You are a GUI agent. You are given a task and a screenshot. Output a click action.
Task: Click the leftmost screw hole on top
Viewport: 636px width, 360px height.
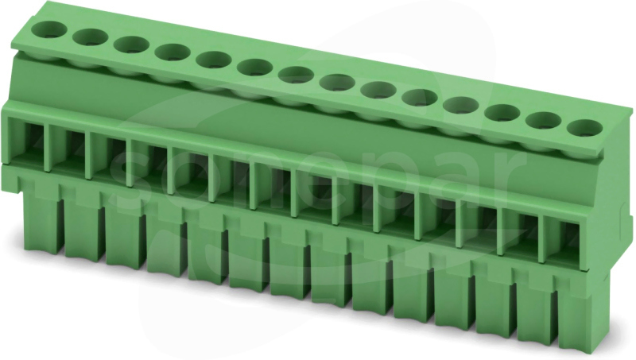tap(49, 29)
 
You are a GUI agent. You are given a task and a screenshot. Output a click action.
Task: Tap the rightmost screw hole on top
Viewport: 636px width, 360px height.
tap(584, 128)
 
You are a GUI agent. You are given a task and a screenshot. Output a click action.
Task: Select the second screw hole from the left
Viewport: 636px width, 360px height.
tap(91, 37)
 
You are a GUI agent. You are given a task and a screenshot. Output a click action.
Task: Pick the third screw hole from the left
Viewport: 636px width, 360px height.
tap(131, 45)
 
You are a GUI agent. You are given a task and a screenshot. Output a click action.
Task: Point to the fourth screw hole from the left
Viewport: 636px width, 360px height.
tap(173, 52)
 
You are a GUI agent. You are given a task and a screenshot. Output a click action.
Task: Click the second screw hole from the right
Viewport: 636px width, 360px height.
tap(544, 121)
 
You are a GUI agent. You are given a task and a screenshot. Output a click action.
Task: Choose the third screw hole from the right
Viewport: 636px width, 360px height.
tap(503, 113)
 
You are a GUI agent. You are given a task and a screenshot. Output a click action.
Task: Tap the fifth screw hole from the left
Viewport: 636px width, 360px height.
tap(213, 60)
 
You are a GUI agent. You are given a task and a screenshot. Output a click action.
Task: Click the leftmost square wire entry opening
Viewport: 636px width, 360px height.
tap(26, 141)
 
